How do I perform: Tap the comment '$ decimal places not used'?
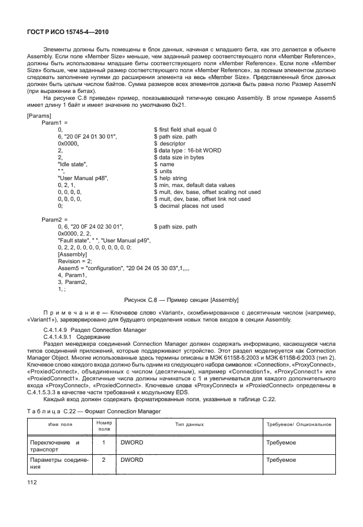point(189,206)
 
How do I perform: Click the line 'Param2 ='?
point(54,220)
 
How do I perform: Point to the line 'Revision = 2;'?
point(75,261)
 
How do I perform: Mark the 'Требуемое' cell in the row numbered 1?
point(281,442)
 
